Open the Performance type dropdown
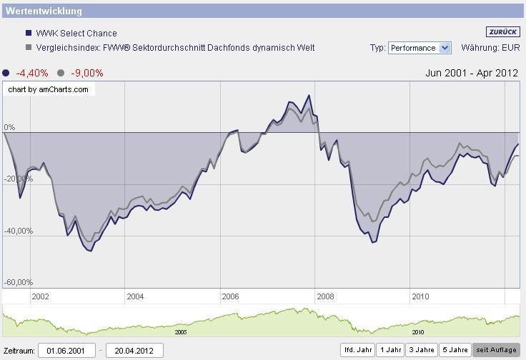pos(420,48)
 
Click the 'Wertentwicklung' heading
pos(44,11)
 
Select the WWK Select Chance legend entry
pos(76,34)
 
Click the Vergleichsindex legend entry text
pos(175,48)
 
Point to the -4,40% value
pos(31,73)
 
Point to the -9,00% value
pos(87,73)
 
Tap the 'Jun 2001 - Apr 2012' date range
pos(471,73)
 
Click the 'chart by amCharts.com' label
pos(49,89)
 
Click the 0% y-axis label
pos(10,127)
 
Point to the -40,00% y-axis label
pos(19,231)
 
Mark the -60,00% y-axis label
pos(19,282)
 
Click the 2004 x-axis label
pos(135,296)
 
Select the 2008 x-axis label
pos(325,296)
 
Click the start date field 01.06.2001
pos(66,351)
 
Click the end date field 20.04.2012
pos(134,351)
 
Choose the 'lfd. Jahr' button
pos(358,350)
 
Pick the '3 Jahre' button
pos(422,350)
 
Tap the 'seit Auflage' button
pos(496,350)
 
